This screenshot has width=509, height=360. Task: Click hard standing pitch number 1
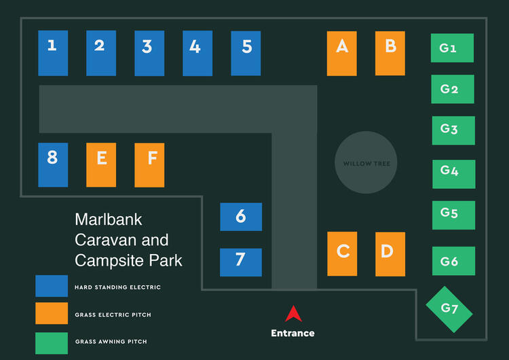click(x=53, y=53)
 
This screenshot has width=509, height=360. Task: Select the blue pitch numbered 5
click(x=246, y=53)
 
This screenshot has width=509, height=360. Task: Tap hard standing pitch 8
click(x=53, y=164)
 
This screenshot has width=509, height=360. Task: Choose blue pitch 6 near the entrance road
click(x=241, y=217)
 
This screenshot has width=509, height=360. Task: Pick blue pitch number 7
click(x=241, y=262)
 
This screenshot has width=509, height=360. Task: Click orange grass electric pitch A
click(x=342, y=53)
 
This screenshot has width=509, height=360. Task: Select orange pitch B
click(x=390, y=53)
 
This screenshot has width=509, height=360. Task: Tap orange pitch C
click(x=342, y=254)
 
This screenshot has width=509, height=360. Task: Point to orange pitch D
click(x=390, y=254)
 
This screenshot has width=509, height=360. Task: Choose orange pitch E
click(x=101, y=164)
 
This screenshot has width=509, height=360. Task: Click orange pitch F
click(x=149, y=164)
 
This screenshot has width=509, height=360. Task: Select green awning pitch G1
click(x=452, y=48)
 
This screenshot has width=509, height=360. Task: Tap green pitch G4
click(x=453, y=174)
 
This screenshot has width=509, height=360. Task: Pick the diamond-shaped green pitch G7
click(x=449, y=309)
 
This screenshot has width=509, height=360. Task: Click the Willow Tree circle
click(x=366, y=163)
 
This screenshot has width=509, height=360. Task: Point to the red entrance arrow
click(x=293, y=314)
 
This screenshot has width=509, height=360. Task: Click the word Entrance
click(x=293, y=333)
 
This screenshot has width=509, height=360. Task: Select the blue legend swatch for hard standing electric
click(x=52, y=286)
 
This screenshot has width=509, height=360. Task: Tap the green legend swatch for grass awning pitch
click(x=52, y=343)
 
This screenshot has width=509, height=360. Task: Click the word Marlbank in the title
click(x=109, y=219)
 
